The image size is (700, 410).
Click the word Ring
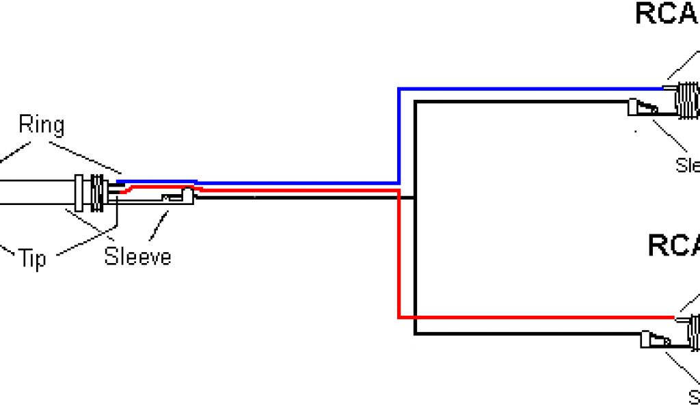pos(41,125)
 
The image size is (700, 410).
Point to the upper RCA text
pos(667,14)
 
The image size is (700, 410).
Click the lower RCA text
pos(673,245)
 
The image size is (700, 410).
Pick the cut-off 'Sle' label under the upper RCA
pos(687,165)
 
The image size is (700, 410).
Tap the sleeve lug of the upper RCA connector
pos(643,107)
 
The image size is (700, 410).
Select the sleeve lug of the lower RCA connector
pos(655,340)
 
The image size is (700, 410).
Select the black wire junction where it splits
pos(415,198)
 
